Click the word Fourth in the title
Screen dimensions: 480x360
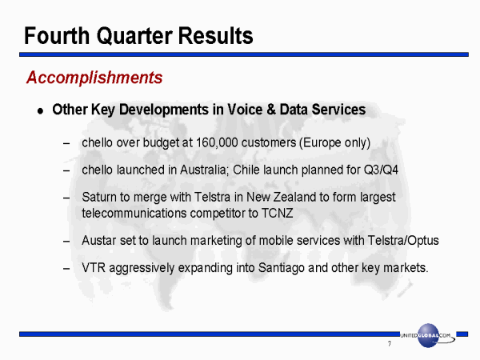pos(57,36)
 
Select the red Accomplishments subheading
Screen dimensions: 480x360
pos(94,78)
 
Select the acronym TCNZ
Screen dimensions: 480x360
pos(277,213)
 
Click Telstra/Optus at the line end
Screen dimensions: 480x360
pos(403,241)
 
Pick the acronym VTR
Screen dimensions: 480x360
pos(94,268)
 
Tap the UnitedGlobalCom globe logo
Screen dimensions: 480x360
pos(428,335)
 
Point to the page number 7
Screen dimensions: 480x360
pos(390,344)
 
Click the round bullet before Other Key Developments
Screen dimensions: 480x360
pos(40,111)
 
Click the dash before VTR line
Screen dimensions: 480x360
pos(66,269)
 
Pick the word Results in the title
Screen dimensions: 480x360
pos(215,36)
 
